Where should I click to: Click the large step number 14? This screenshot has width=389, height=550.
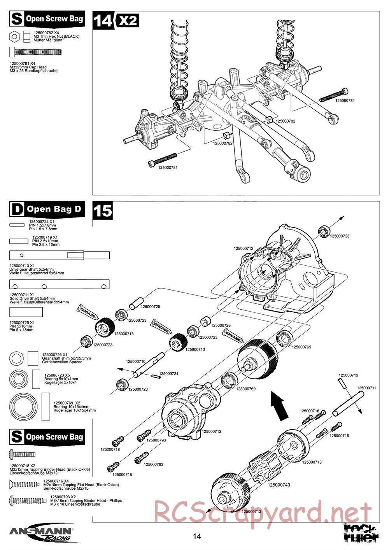coord(103,20)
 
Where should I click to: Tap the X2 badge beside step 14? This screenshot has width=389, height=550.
coord(127,20)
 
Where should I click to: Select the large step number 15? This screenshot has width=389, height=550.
coord(103,210)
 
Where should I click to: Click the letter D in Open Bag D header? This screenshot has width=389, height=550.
coord(17,209)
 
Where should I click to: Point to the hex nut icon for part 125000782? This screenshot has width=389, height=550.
coord(14,37)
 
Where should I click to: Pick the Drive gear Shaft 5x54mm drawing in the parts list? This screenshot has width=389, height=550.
coord(59,255)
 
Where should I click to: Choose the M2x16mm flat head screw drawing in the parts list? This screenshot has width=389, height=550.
coord(25,484)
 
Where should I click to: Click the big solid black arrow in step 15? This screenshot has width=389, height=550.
coord(279,405)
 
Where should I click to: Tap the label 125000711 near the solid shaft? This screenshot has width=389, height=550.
coord(366,388)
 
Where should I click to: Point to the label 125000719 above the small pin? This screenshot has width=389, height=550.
coord(348,375)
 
